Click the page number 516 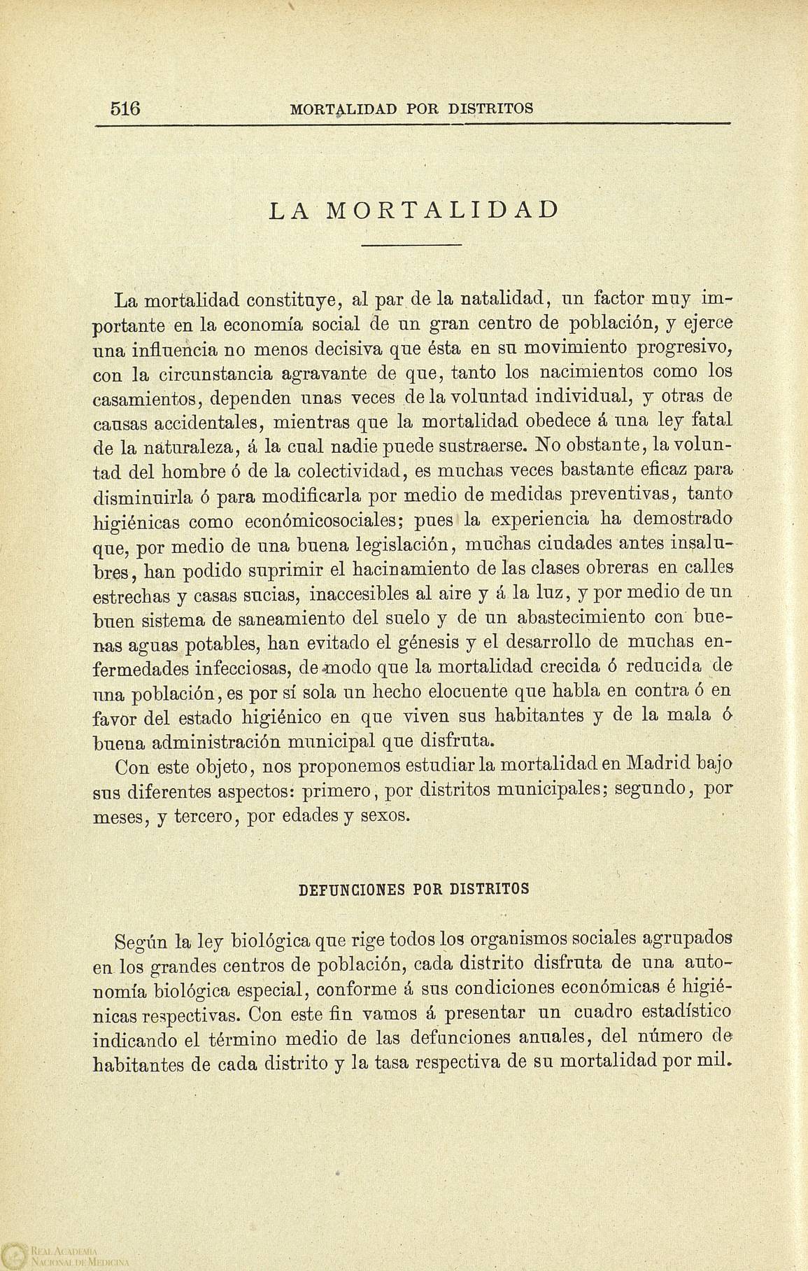coord(126,108)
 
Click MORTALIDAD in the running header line coord(343,109)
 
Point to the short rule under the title coord(413,246)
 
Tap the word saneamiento coord(280,619)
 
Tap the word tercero coord(202,815)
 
